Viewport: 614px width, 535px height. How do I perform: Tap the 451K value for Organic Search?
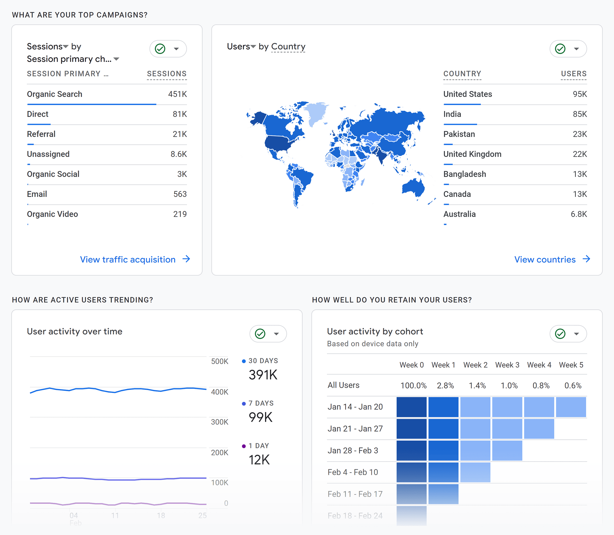pyautogui.click(x=177, y=94)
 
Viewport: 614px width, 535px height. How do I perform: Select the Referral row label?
pyautogui.click(x=41, y=134)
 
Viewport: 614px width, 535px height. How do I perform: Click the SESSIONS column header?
pyautogui.click(x=167, y=74)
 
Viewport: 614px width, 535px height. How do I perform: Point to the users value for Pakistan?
pyautogui.click(x=580, y=134)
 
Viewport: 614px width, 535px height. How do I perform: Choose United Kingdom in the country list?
pyautogui.click(x=472, y=154)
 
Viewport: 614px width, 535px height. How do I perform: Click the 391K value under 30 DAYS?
pyautogui.click(x=263, y=375)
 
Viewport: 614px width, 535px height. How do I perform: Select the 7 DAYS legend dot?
pyautogui.click(x=244, y=404)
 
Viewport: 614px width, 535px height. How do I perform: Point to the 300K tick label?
pyautogui.click(x=220, y=422)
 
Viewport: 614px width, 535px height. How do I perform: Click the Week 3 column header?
pyautogui.click(x=507, y=365)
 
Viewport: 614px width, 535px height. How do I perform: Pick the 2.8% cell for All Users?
pyautogui.click(x=445, y=385)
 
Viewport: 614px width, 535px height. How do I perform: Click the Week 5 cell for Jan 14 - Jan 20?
pyautogui.click(x=571, y=407)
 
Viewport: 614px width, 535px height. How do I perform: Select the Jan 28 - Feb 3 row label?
pyautogui.click(x=353, y=451)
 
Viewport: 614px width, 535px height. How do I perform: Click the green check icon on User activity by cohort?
pyautogui.click(x=560, y=334)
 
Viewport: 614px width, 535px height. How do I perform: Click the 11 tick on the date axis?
pyautogui.click(x=115, y=515)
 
